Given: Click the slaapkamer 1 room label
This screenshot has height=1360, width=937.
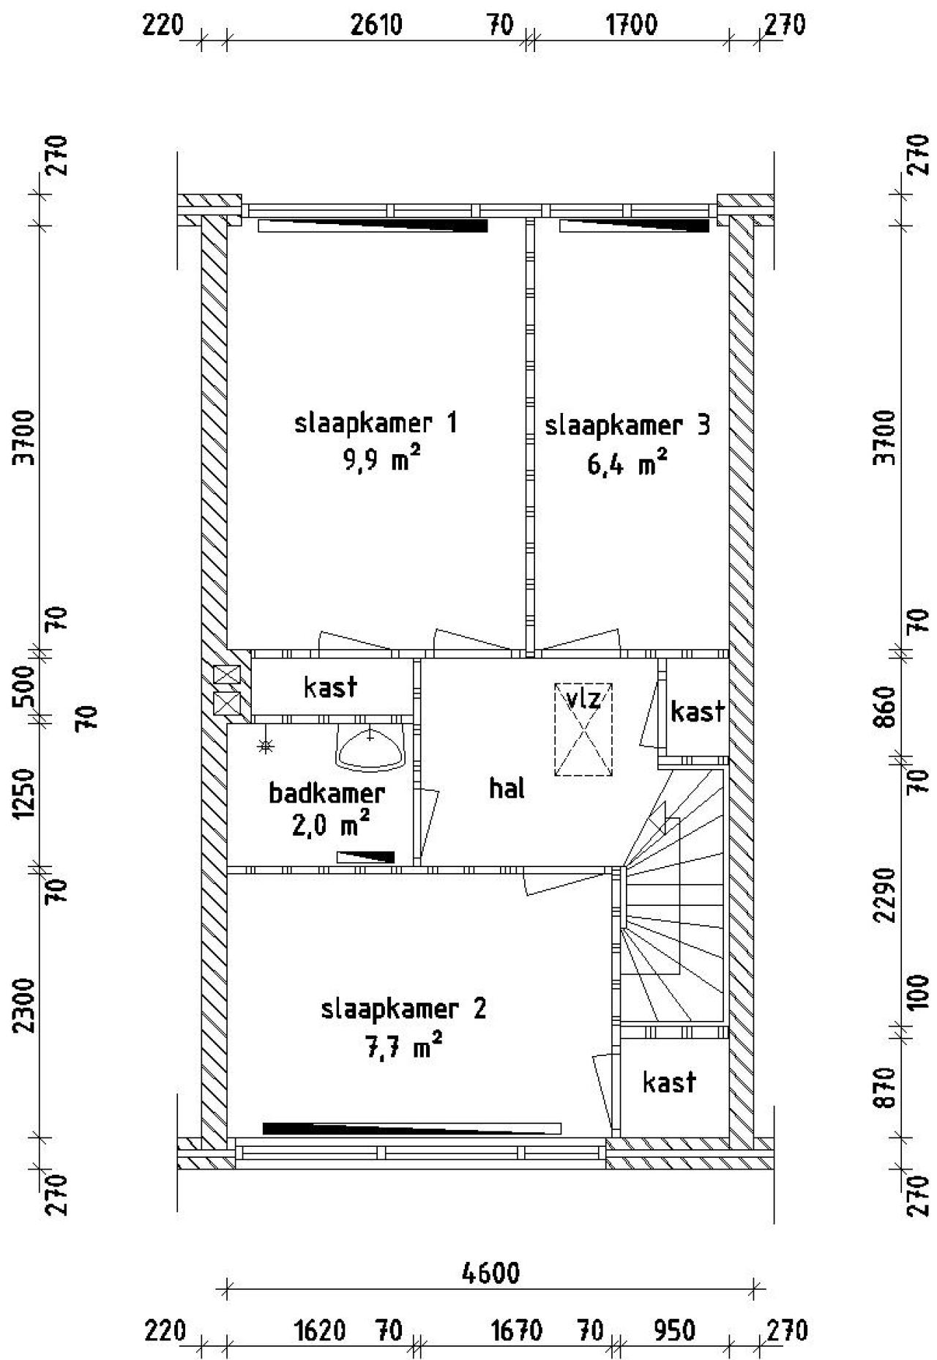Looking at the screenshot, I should [x=376, y=423].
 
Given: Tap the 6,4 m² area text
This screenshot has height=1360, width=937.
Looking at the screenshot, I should [x=627, y=464].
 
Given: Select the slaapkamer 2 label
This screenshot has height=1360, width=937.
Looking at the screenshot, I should [x=403, y=1009].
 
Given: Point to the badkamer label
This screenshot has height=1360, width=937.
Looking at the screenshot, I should [x=326, y=793].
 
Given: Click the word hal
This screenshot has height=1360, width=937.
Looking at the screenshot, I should [x=507, y=789].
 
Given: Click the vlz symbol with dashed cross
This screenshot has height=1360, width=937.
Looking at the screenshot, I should [x=583, y=729].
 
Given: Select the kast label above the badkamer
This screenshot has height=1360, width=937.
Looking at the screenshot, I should [x=330, y=687].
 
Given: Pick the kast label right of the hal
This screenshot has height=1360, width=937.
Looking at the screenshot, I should [x=698, y=711].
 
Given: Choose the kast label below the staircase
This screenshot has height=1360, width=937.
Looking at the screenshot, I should [x=669, y=1082].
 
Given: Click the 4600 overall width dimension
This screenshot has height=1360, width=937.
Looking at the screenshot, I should [x=490, y=1274].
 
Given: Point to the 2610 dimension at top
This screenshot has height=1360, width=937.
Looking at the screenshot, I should [x=376, y=26].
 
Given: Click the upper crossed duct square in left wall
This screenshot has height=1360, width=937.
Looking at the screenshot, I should [x=226, y=675].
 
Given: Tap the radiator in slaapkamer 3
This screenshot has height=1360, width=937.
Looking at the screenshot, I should [x=634, y=226].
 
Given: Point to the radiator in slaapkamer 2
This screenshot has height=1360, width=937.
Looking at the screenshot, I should [x=411, y=1128].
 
